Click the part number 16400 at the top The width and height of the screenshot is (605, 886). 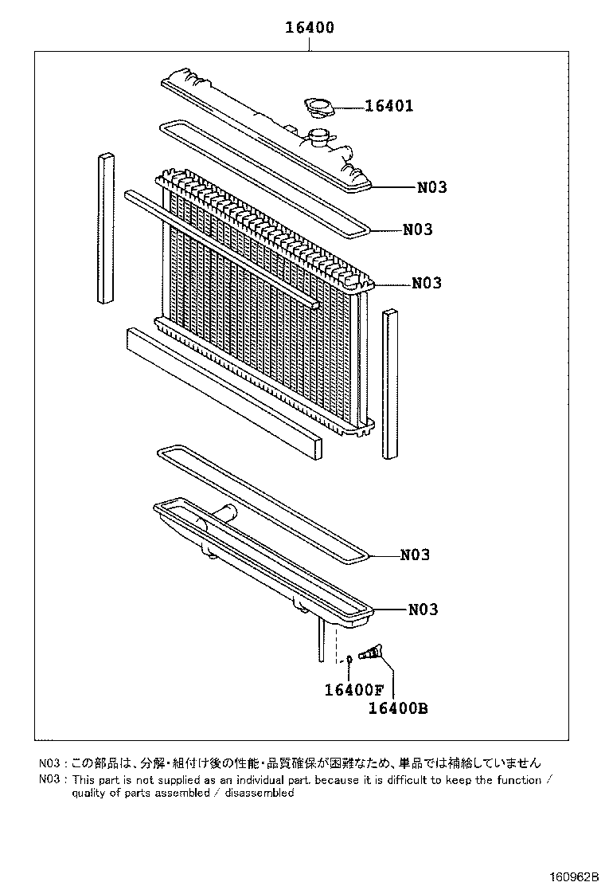pyautogui.click(x=310, y=28)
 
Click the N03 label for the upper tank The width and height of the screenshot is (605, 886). pyautogui.click(x=431, y=188)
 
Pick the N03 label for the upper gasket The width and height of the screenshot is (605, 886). pyautogui.click(x=417, y=229)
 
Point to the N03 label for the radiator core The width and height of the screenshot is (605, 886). pyautogui.click(x=427, y=283)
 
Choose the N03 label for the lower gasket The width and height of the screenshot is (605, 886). pyautogui.click(x=414, y=555)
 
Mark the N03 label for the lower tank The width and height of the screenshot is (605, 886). pyautogui.click(x=423, y=610)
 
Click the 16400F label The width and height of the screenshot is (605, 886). pyautogui.click(x=353, y=690)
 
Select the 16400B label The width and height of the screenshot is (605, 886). pyautogui.click(x=398, y=708)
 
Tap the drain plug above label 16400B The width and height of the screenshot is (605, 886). pyautogui.click(x=370, y=655)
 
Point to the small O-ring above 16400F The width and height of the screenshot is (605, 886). pyautogui.click(x=349, y=660)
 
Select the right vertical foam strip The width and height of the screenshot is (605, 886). pyautogui.click(x=389, y=384)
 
